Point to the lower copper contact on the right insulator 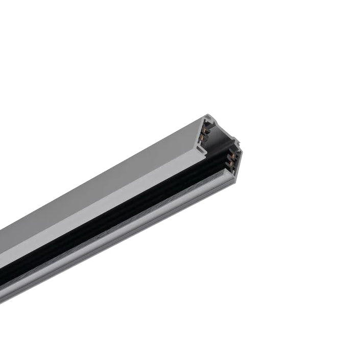point(234,157)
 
